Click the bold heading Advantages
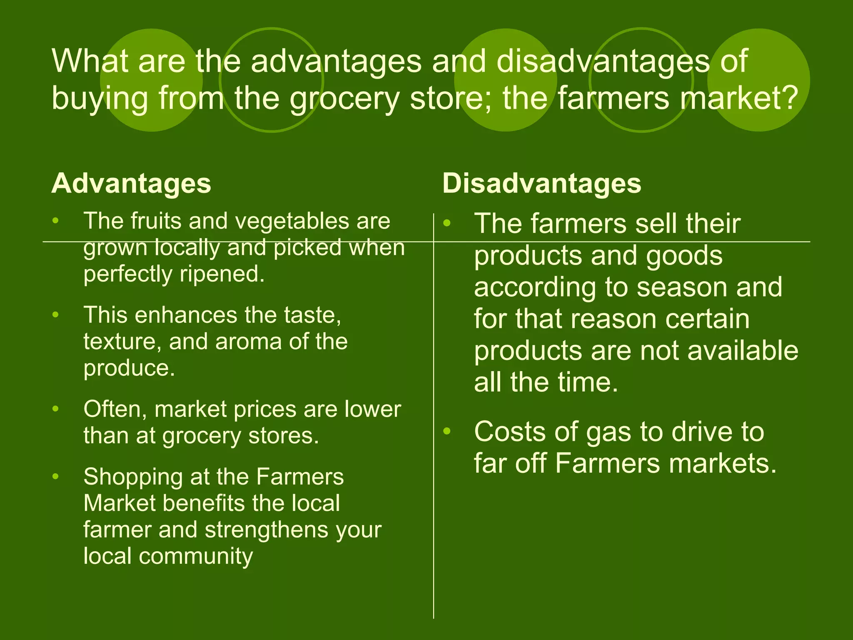[x=131, y=184]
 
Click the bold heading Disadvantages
[x=541, y=184]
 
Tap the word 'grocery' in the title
[x=344, y=98]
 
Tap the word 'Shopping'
[x=133, y=477]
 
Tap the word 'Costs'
[x=509, y=432]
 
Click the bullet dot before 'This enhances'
[x=56, y=315]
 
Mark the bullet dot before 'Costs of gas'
[x=447, y=431]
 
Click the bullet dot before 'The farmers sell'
[x=447, y=223]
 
